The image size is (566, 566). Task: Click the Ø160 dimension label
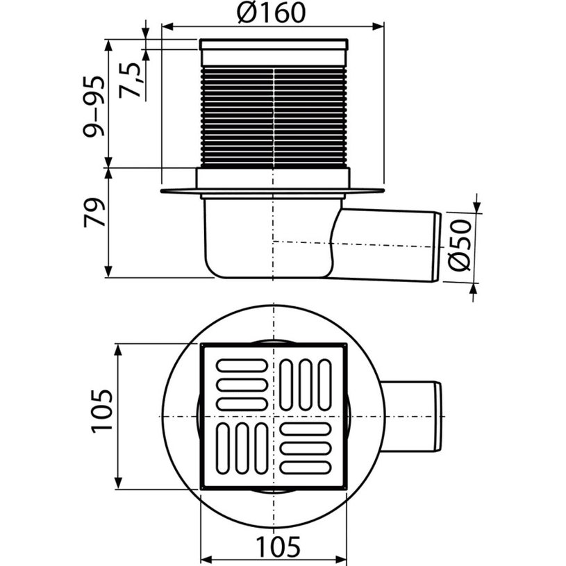tap(270, 13)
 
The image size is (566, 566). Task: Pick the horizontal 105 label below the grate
tap(274, 547)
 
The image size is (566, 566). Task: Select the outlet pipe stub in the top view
tap(410, 416)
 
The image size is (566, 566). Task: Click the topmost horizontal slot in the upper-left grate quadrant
tap(242, 365)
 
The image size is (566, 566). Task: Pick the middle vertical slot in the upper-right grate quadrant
tap(306, 383)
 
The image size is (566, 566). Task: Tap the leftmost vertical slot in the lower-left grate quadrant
tap(224, 448)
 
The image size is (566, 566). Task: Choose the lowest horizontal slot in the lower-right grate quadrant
tap(306, 467)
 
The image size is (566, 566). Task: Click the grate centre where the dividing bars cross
tap(274, 416)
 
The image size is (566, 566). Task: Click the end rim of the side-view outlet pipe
tap(437, 247)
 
